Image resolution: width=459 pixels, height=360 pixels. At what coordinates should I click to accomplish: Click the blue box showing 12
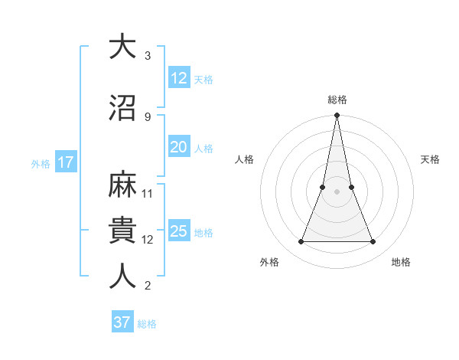[x=179, y=78]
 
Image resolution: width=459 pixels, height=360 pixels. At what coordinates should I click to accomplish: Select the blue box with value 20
[x=179, y=147]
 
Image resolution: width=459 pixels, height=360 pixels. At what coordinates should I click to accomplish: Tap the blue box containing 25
[x=179, y=231]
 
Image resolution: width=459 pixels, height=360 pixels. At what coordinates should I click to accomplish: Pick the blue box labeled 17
[x=65, y=162]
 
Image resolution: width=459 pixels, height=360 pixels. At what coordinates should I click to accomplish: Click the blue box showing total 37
[x=122, y=322]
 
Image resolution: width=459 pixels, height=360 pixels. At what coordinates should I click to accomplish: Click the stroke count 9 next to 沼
[x=148, y=116]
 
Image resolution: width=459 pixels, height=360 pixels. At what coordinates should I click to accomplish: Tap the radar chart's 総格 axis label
[x=337, y=100]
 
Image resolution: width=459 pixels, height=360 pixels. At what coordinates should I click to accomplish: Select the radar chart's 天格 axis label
[x=430, y=159]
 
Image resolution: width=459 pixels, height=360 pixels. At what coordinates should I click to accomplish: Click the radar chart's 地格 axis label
[x=401, y=263]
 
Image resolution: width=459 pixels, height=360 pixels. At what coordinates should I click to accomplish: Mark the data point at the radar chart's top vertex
[x=337, y=116]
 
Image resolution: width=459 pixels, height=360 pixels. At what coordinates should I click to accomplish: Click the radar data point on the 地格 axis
[x=373, y=242]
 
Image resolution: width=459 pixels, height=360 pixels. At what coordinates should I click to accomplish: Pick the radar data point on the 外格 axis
[x=301, y=242]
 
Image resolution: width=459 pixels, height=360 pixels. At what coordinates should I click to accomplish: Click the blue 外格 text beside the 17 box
[x=41, y=163]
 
